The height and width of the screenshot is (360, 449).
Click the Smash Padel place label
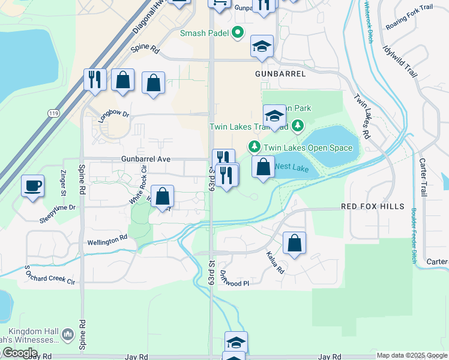click(204, 33)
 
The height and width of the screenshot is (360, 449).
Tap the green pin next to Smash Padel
click(238, 33)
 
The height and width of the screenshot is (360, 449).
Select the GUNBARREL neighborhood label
click(280, 74)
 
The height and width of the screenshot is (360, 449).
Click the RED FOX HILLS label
click(373, 206)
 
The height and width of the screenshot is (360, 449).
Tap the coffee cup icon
click(33, 185)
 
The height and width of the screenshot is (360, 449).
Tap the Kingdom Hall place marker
click(67, 334)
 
